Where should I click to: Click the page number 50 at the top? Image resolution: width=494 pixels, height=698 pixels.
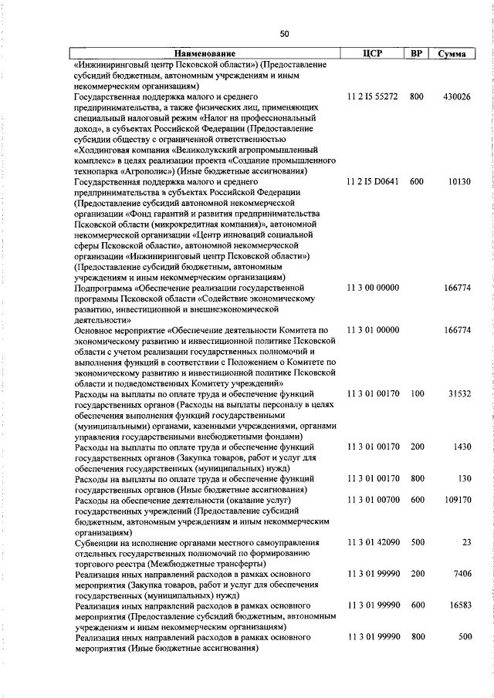285,33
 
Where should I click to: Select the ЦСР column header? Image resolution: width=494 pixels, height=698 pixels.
372,54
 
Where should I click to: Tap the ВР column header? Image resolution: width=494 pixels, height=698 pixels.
417,54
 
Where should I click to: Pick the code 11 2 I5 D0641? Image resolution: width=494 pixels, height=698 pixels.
373,182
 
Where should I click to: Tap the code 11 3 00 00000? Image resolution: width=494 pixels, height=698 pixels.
373,288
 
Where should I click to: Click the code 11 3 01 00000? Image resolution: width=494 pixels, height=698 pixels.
373,330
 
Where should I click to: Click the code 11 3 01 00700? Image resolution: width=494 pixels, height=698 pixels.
373,500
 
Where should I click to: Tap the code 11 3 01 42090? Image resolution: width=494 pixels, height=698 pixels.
373,542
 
